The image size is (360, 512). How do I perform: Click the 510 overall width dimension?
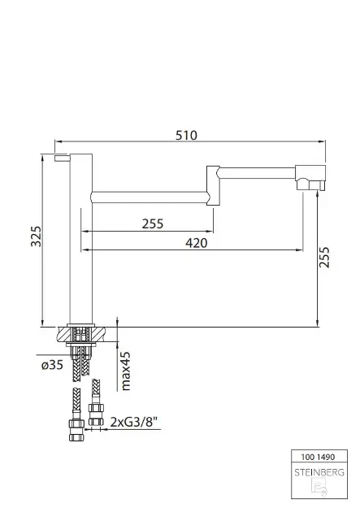coord(186,135)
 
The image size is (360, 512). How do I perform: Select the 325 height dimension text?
coord(37,236)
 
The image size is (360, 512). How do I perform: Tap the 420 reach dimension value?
coord(196,243)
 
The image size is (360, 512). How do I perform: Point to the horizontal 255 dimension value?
coord(153,224)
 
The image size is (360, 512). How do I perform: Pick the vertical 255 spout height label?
coord(324,258)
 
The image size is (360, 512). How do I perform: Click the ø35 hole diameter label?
coord(52,365)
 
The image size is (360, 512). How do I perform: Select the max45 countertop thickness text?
coord(125,371)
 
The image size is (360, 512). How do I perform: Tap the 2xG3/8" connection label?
coord(134,423)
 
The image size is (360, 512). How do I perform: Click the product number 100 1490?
coord(318,457)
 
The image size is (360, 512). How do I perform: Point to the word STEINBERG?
coord(319,472)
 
